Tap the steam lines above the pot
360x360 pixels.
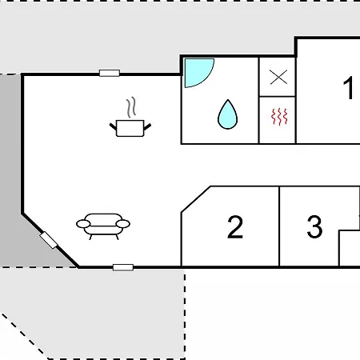coord(131,107)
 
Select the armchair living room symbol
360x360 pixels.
coord(103,226)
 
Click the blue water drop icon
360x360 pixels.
coord(228,114)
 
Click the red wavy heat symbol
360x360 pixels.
coord(279,117)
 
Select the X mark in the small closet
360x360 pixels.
coord(278,77)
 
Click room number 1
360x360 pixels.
coord(348,88)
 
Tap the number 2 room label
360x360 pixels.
coord(235,227)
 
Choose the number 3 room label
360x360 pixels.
coord(314,226)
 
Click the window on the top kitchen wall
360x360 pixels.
coord(110,73)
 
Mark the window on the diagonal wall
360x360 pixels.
coord(49,240)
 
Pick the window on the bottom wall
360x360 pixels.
coord(123,267)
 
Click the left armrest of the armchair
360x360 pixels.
coord(83,224)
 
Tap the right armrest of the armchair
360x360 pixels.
coord(123,224)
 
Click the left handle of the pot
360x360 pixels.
coord(113,126)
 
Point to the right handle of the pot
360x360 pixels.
coord(147,126)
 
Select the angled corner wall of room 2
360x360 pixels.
coord(196,199)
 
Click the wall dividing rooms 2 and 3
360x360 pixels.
coord(279,226)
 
